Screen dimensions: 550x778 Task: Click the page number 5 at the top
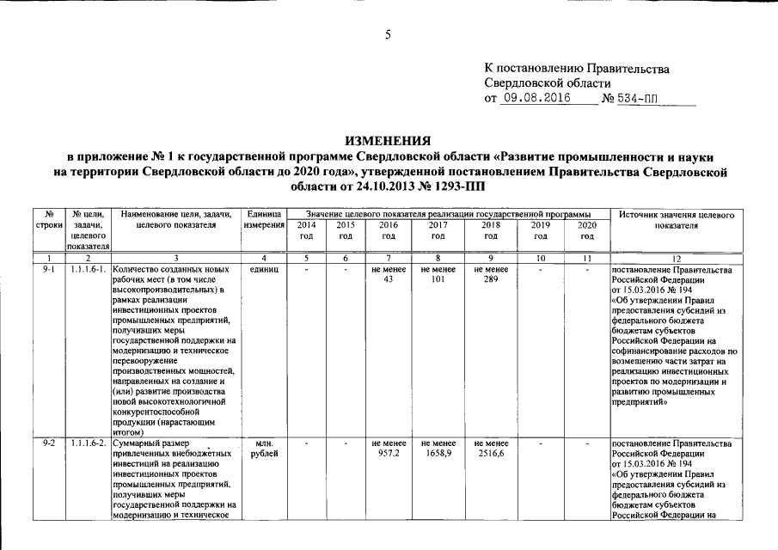click(388, 34)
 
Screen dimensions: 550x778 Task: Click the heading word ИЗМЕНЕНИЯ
click(389, 140)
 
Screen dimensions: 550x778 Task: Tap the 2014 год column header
click(306, 229)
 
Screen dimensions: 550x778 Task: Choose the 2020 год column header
click(587, 229)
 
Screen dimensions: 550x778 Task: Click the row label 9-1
click(50, 269)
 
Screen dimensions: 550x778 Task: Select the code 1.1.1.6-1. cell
click(89, 269)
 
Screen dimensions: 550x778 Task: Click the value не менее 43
click(388, 274)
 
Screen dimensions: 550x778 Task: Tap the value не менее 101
click(438, 274)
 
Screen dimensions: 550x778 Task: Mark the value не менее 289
click(491, 274)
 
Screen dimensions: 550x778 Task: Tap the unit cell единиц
click(263, 269)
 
